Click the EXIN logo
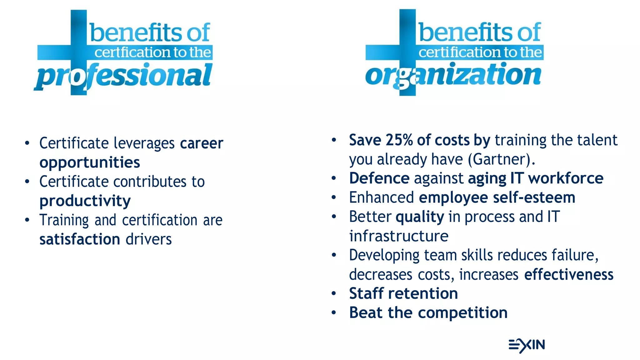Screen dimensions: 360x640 coord(527,345)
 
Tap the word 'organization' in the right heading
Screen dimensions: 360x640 coord(453,75)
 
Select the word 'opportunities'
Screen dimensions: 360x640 coord(90,162)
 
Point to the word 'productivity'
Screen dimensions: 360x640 coord(85,201)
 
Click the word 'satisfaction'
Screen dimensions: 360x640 coord(80,239)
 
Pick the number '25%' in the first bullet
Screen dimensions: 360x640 coord(399,140)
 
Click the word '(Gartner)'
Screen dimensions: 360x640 coord(501,159)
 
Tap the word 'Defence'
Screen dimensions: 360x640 coord(379,178)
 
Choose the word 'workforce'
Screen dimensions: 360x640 coord(566,178)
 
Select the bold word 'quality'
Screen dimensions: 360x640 coord(420,217)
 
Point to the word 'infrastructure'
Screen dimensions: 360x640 coord(399,236)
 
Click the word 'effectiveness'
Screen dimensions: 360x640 coord(569,274)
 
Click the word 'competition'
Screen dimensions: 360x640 coord(463,312)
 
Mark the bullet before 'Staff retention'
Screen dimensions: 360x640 coord(334,293)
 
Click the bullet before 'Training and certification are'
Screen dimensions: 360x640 coord(27,220)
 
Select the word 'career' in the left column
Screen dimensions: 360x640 coord(202,143)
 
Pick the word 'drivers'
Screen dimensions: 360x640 coord(149,239)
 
